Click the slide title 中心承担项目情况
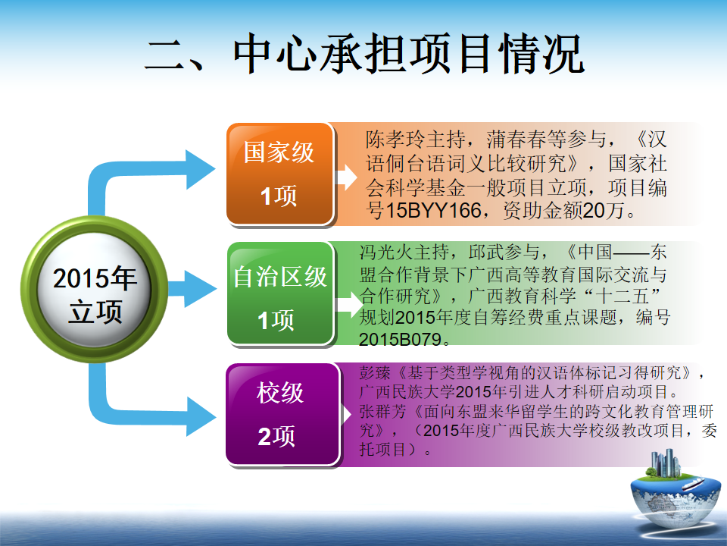click(408, 54)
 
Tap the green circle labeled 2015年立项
click(95, 289)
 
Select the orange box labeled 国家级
click(280, 174)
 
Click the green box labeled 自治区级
click(280, 293)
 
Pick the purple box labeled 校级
click(283, 415)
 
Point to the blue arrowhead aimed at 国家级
click(200, 169)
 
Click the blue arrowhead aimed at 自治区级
click(200, 289)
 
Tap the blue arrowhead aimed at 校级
click(201, 416)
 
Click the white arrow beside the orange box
click(346, 177)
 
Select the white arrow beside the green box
click(348, 305)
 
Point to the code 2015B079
click(400, 340)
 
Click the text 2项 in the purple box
click(276, 437)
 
